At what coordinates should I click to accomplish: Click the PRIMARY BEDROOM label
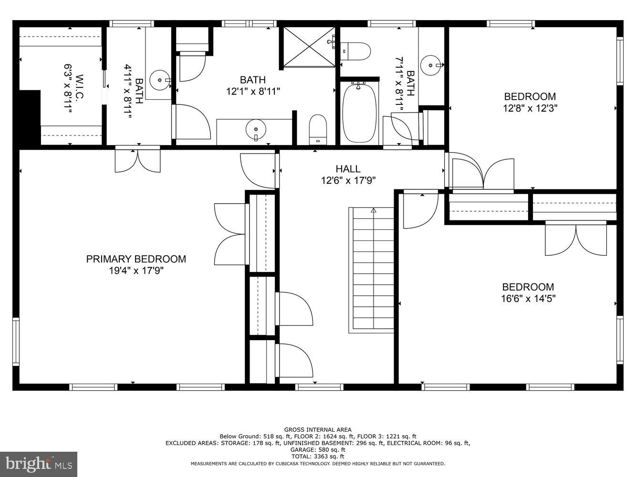pos(136,259)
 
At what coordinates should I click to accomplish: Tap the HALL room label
pos(348,169)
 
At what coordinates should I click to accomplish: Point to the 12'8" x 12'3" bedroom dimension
pos(530,108)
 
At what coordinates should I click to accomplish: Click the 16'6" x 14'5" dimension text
pos(528,299)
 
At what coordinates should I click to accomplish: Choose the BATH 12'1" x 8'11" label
pos(252,80)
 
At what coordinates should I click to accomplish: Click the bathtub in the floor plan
pos(359,113)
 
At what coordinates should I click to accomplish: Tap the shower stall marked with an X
pos(309,47)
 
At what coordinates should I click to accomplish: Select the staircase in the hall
pos(373,270)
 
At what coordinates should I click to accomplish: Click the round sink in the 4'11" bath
pos(159,80)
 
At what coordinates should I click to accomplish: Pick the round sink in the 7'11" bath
pos(431,64)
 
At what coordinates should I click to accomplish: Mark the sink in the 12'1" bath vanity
pos(256,129)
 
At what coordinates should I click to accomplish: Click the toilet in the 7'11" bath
pos(356,51)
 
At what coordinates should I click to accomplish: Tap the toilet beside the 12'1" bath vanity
pos(318,129)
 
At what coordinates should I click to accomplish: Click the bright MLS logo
pos(39,463)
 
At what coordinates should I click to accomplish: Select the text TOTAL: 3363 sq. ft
pos(318,456)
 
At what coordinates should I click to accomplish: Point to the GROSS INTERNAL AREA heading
pos(318,430)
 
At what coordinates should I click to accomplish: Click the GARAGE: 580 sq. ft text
pos(318,450)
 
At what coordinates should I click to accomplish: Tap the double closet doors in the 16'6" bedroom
pos(576,240)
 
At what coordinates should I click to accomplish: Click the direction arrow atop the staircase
pos(374,210)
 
